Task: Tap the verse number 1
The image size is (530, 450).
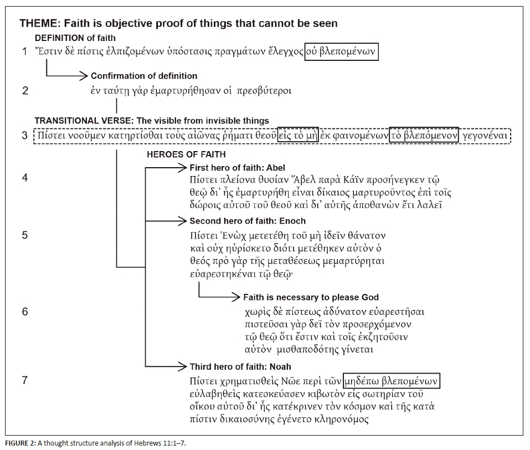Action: (x=24, y=53)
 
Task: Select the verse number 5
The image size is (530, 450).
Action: (x=24, y=235)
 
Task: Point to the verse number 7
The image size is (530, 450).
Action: (x=24, y=380)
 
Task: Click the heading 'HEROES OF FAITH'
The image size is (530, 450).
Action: (x=186, y=154)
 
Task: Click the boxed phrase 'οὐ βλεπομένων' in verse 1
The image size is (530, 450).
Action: (x=342, y=52)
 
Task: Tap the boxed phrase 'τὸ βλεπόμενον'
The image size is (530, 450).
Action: (x=424, y=136)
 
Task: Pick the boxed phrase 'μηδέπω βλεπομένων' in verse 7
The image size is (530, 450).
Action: (x=392, y=381)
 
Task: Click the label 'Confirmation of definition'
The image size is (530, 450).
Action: (x=144, y=76)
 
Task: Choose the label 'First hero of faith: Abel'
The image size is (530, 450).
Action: (x=238, y=167)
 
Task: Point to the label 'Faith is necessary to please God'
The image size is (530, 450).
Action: (x=311, y=297)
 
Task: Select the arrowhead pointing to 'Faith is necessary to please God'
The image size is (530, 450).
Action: (x=236, y=297)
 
